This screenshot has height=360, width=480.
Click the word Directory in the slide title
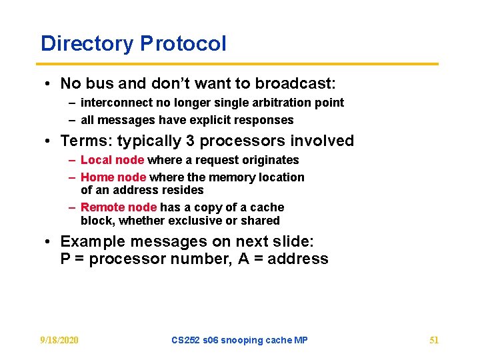[87, 44]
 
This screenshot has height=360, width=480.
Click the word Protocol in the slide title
[183, 44]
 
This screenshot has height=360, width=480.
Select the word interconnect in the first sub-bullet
[113, 103]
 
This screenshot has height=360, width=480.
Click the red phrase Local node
[112, 160]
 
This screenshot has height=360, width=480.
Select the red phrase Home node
[113, 177]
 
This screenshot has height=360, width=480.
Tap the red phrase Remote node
[119, 207]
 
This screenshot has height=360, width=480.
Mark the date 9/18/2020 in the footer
[59, 340]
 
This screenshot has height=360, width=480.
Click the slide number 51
[434, 340]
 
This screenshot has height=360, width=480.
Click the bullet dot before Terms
[49, 141]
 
